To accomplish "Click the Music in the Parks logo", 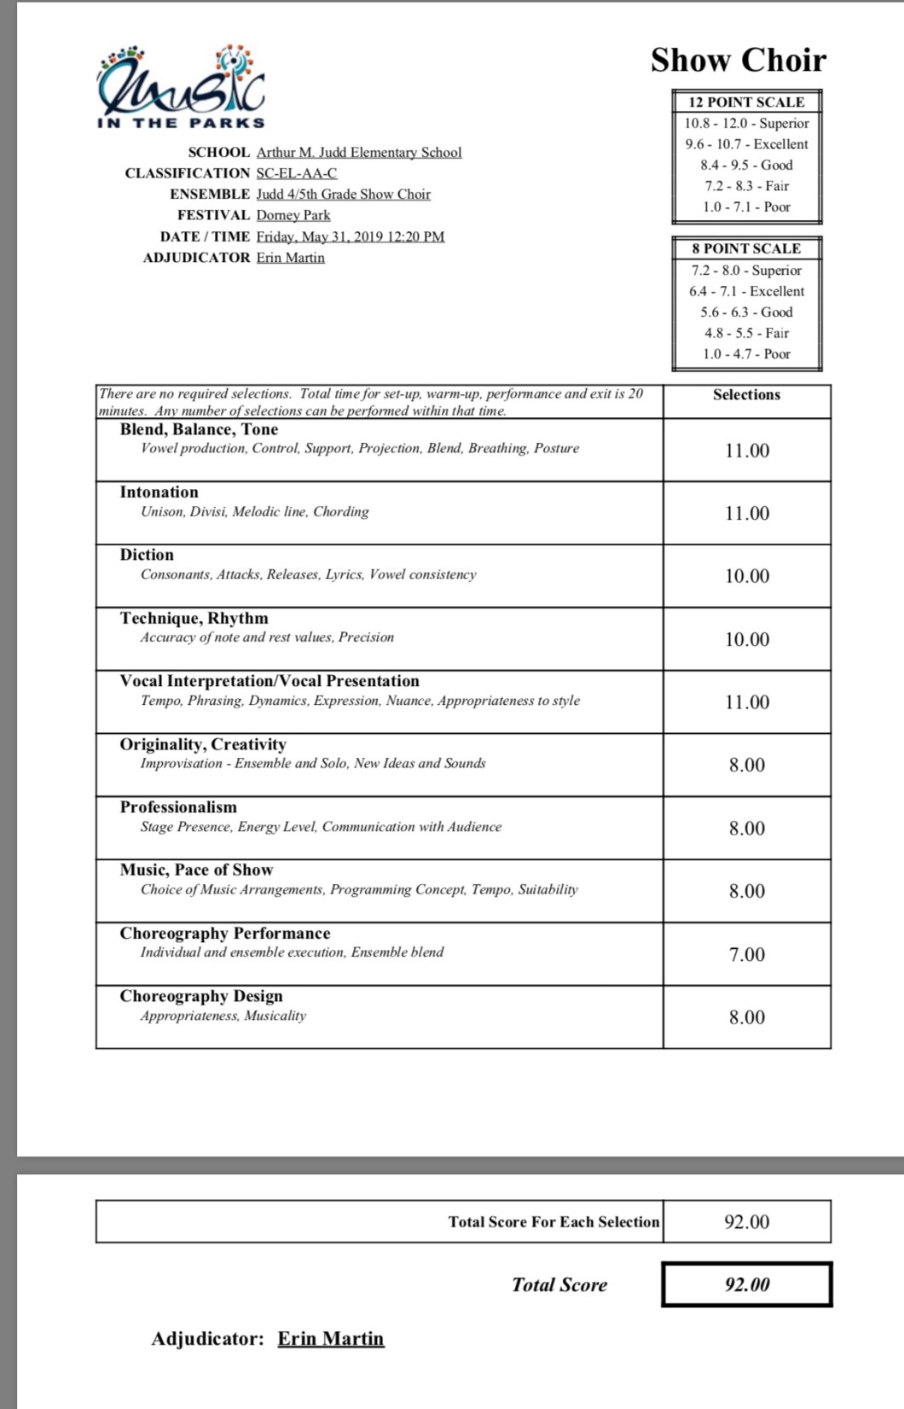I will pos(181,87).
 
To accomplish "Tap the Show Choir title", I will pos(738,60).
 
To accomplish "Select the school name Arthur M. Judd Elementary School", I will pos(359,152).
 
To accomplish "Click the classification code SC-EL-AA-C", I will pos(297,173).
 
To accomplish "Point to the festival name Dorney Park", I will pos(293,215).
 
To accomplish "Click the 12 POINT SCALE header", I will pos(746,102).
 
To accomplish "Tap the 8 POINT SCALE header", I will pos(746,248).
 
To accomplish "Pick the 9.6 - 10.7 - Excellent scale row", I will pos(746,144).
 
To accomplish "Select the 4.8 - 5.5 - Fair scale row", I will pos(746,333).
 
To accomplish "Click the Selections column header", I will pos(746,394).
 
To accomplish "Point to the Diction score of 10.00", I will pos(747,576).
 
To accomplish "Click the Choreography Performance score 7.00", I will pos(747,954).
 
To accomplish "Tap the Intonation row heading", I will pos(159,492).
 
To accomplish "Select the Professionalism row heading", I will pos(178,806).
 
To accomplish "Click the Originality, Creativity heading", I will pos(203,744).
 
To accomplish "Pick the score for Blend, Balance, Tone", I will pos(747,451).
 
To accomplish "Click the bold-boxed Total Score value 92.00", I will pos(747,1284).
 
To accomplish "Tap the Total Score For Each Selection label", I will pos(553,1221).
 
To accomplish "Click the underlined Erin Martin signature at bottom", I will pos(331,1338).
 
